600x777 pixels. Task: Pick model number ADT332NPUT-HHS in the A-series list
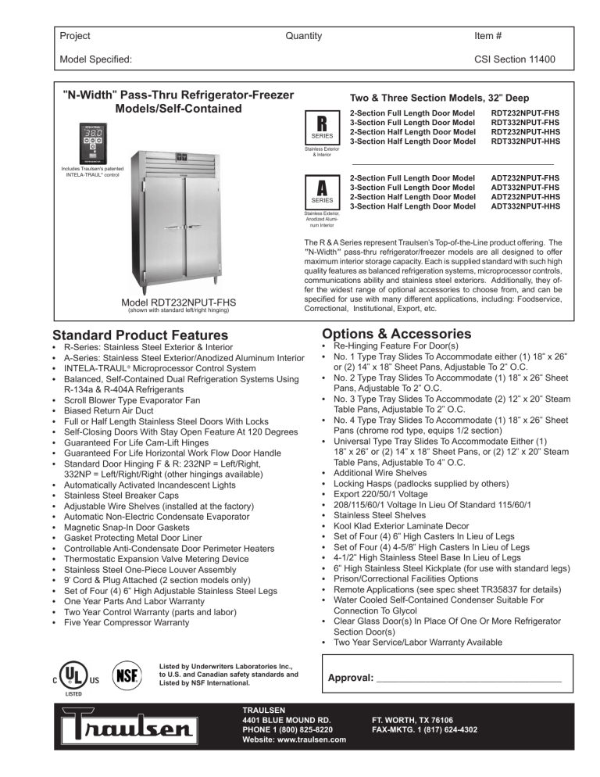(x=523, y=206)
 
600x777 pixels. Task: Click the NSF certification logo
(x=127, y=675)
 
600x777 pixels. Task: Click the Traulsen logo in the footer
(x=137, y=730)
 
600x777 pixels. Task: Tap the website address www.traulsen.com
(x=295, y=741)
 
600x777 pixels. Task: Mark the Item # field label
(x=490, y=36)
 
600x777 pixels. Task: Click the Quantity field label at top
(x=304, y=36)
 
